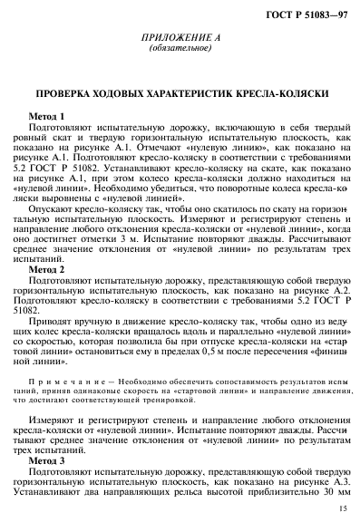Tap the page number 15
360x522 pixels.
[341, 509]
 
